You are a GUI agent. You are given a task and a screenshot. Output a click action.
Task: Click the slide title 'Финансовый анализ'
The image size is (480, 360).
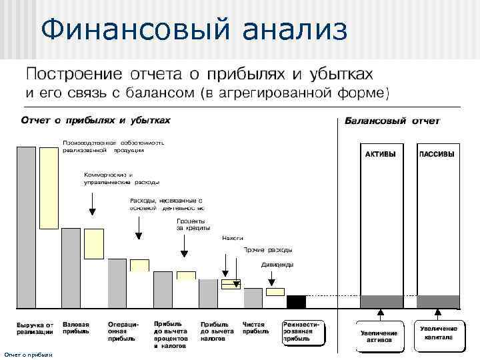tap(193, 30)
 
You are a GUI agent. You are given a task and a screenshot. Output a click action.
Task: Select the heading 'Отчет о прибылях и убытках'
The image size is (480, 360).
tap(95, 121)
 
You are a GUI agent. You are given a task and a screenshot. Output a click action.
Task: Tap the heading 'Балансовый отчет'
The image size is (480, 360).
tap(391, 121)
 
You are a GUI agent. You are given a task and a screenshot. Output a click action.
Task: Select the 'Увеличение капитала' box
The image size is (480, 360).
tap(438, 333)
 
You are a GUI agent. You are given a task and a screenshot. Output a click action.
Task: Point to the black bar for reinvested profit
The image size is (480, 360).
tap(296, 301)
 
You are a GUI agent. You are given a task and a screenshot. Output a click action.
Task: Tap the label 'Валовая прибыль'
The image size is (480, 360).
tap(76, 327)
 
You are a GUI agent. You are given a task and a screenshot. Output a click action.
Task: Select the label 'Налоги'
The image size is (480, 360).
tap(232, 237)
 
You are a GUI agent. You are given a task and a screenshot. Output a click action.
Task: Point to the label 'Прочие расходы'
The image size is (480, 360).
tap(267, 250)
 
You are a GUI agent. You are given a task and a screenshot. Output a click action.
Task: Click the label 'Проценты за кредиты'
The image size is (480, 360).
tap(191, 224)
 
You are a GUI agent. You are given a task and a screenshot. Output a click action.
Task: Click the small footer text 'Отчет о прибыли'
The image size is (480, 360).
tap(27, 355)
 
